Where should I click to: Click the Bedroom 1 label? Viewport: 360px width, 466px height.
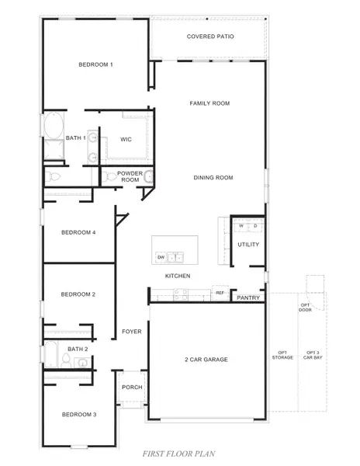(95, 64)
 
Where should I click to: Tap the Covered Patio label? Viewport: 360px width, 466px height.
(210, 37)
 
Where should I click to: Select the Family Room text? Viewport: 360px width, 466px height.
(209, 103)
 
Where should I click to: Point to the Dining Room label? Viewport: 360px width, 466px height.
(213, 178)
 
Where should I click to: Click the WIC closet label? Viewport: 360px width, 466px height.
(126, 140)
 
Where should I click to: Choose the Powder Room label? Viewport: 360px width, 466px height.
(130, 176)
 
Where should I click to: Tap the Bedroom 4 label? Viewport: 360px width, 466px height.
(78, 232)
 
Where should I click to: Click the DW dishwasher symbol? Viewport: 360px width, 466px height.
(161, 256)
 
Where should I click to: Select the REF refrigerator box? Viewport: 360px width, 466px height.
(220, 293)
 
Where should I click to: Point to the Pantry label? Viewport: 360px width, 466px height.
(248, 297)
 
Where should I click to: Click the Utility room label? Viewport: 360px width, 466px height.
(248, 245)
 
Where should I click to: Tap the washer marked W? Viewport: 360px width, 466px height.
(241, 227)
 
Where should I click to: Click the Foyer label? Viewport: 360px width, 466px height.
(131, 332)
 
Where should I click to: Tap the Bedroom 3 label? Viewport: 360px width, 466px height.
(78, 415)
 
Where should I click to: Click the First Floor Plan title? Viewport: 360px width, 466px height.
(179, 454)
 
